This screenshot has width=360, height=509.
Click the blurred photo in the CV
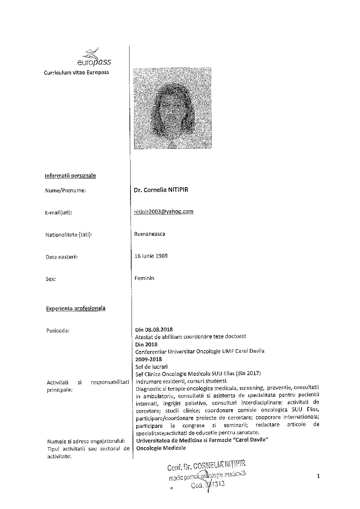coord(172,108)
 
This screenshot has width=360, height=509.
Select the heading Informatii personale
coord(70,176)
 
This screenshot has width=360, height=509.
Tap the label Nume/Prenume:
coord(65,191)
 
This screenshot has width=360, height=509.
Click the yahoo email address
coord(164,211)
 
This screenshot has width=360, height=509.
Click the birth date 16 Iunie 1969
coord(151,256)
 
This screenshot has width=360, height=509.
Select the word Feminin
coord(144,278)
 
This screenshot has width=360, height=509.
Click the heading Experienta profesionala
coord(75,309)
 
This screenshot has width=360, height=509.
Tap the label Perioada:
coord(58,330)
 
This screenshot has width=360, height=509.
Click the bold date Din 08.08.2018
coord(154,330)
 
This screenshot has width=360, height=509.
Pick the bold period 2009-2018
coord(149,359)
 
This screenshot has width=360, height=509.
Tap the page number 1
coord(318,476)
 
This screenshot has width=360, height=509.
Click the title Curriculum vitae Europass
coord(76,72)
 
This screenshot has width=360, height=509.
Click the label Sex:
coord(50,279)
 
